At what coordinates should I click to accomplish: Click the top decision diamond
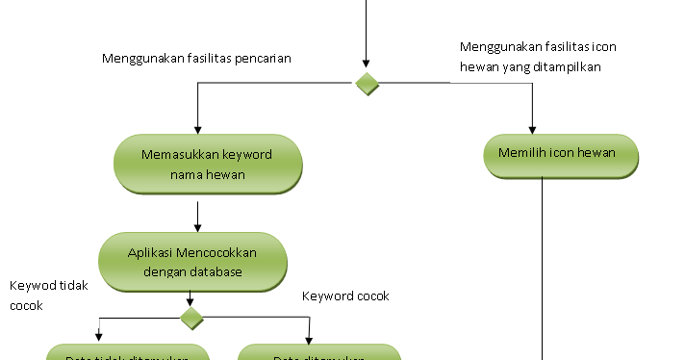[x=367, y=84]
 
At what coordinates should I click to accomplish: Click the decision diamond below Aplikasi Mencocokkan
[x=192, y=317]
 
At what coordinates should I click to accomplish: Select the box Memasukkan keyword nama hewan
[x=207, y=165]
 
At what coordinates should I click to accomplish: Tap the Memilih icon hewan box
[x=561, y=154]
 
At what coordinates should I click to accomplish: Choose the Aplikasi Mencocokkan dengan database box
[x=193, y=262]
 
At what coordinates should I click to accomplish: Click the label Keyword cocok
[x=345, y=296]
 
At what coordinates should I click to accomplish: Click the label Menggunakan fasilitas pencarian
[x=196, y=59]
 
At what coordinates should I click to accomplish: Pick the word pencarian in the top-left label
[x=262, y=59]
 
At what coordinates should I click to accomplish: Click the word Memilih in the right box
[x=520, y=153]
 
